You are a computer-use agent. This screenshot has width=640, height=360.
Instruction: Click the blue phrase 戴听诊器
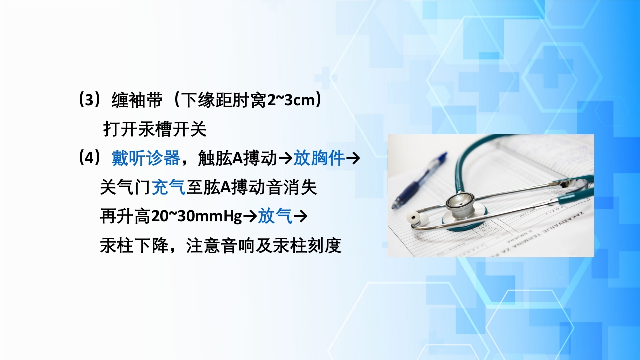click(146, 159)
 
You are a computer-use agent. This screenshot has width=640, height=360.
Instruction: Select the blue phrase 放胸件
click(319, 159)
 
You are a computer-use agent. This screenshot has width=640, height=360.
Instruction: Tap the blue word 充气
click(168, 188)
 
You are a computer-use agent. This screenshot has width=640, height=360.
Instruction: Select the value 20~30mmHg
click(196, 217)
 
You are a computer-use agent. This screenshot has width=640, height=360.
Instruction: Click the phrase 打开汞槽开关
click(155, 130)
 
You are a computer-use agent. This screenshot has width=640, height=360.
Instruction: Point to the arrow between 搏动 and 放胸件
click(285, 159)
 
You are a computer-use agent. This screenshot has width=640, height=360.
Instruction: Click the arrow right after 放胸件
click(353, 159)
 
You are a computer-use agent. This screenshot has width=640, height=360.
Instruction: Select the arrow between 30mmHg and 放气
click(250, 217)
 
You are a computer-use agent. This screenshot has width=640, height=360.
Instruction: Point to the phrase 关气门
click(125, 188)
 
